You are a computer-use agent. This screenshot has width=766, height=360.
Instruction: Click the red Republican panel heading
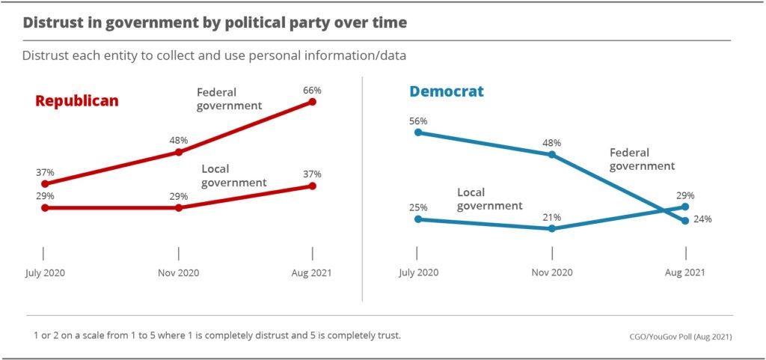(x=77, y=100)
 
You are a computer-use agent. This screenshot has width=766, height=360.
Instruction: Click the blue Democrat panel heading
(x=446, y=91)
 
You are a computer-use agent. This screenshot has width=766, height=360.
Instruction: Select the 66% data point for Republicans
(x=313, y=102)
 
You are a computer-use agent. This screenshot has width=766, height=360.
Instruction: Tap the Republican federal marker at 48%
(x=179, y=152)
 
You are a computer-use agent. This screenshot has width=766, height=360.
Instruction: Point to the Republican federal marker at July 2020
(x=45, y=183)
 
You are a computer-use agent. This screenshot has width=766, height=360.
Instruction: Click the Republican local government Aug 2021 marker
(x=313, y=186)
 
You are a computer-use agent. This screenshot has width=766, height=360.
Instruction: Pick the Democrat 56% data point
(x=418, y=132)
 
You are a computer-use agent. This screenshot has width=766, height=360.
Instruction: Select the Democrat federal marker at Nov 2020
(x=552, y=155)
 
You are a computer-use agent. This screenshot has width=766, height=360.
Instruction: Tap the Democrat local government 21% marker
(x=552, y=228)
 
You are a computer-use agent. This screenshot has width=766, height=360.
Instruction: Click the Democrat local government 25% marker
(x=418, y=219)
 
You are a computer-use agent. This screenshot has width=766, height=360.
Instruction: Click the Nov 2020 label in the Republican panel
(x=178, y=272)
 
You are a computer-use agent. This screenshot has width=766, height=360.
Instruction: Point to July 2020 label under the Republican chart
(x=45, y=272)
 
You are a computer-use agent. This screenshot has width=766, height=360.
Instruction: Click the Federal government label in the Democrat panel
(x=642, y=159)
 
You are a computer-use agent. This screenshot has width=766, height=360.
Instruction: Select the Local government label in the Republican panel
(x=233, y=176)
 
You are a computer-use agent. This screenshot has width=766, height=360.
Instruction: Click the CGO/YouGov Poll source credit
(x=680, y=337)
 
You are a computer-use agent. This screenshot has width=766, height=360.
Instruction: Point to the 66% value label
(x=313, y=90)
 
